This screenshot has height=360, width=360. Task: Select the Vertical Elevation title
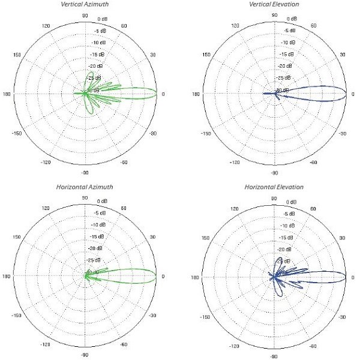coord(274,5)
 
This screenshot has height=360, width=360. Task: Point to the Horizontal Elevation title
coord(274,187)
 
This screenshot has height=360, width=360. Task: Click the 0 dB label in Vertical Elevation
coord(289,20)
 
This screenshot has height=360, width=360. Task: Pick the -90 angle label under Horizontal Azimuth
coord(85,355)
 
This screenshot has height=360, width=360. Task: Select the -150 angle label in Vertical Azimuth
coord(17,133)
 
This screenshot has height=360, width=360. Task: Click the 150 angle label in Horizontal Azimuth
coord(17,238)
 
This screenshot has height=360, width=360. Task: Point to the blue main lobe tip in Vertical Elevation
coord(346,94)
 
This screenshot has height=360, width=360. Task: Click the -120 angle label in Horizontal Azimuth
coord(45,345)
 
